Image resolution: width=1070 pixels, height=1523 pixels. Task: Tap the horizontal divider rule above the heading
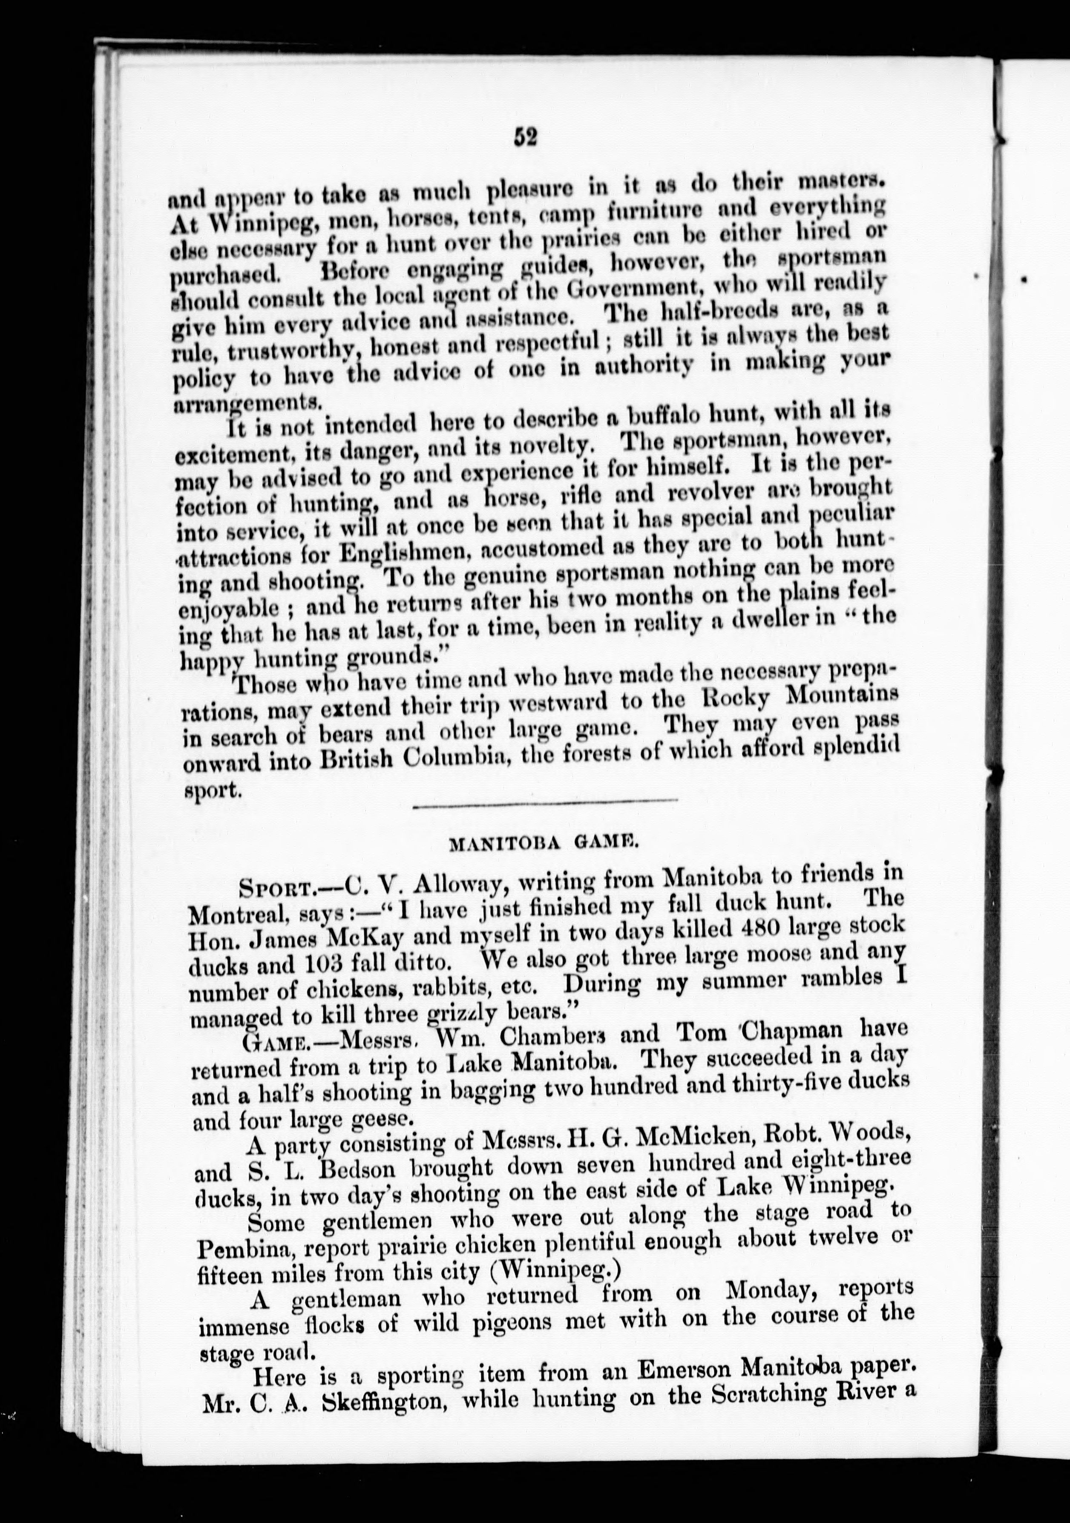point(545,804)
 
